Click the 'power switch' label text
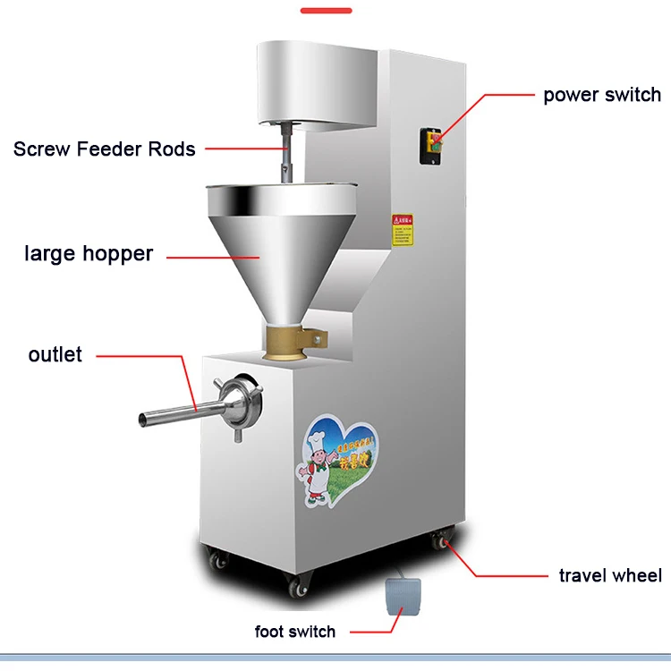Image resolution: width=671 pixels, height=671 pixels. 601,94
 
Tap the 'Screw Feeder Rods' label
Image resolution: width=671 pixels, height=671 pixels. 105,149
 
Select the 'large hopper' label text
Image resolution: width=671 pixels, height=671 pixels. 89,253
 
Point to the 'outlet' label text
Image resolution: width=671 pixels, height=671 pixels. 55,354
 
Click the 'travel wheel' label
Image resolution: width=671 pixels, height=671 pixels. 610,574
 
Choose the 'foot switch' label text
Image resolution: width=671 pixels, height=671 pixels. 295,632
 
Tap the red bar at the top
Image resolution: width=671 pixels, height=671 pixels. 326,11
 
